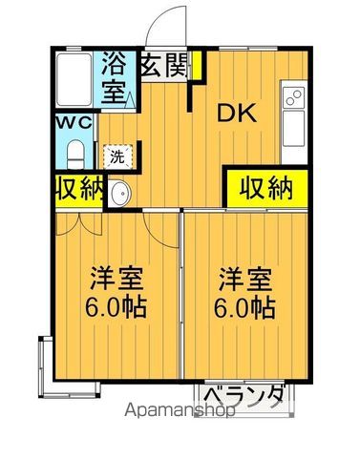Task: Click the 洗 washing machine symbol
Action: point(117,155)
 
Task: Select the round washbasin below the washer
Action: point(120,195)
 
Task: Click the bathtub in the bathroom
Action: point(74,81)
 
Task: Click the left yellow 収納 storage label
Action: point(78,189)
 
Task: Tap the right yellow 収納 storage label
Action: point(265,187)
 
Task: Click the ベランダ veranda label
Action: point(244,395)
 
